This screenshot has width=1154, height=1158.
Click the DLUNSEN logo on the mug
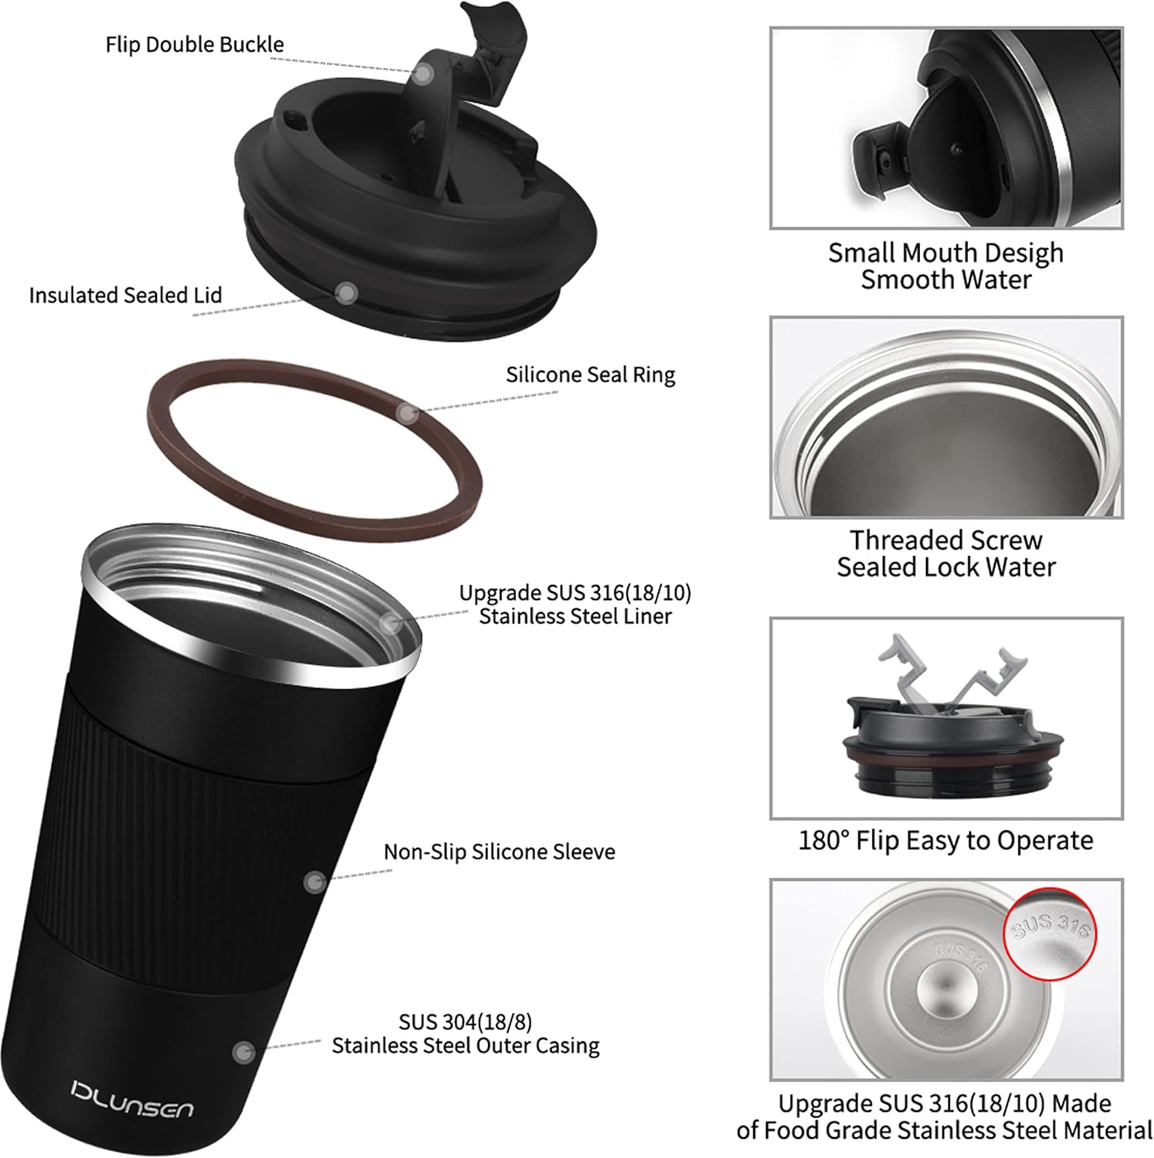(132, 1099)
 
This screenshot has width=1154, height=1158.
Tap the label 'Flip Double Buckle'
(195, 45)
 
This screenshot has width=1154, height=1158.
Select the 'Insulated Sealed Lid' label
(125, 295)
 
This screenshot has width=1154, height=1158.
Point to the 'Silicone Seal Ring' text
(591, 374)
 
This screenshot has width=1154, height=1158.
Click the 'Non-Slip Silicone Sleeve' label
(500, 852)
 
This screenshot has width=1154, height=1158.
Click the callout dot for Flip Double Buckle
(422, 73)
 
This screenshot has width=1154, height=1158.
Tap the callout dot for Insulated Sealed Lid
(348, 293)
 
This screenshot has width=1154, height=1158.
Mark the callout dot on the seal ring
(407, 413)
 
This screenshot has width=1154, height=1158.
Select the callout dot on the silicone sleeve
(314, 881)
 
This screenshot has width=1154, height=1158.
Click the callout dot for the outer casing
(244, 1051)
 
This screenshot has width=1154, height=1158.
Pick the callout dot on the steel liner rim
(390, 622)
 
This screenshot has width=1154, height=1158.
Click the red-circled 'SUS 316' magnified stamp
(1050, 930)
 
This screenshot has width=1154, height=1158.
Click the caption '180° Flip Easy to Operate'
(946, 840)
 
